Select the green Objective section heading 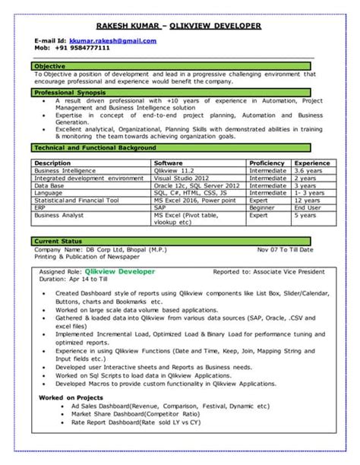[x=50, y=67]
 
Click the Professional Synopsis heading [x=70, y=91]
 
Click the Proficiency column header [x=267, y=163]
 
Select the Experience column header [x=312, y=163]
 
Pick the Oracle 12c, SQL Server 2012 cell [x=196, y=185]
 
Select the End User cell [x=308, y=207]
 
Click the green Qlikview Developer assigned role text [x=121, y=270]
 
